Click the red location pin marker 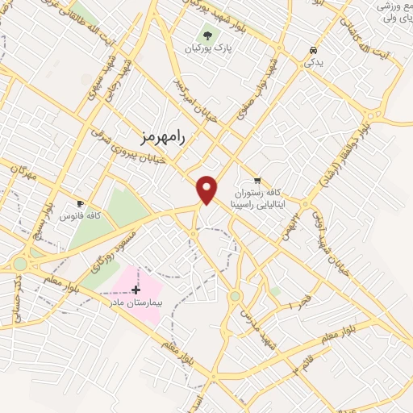[207, 188]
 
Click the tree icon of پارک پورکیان [208, 36]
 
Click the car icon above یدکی [311, 49]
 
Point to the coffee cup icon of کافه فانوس [79, 203]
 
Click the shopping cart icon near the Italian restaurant [257, 180]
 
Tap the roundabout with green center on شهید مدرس [235, 296]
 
